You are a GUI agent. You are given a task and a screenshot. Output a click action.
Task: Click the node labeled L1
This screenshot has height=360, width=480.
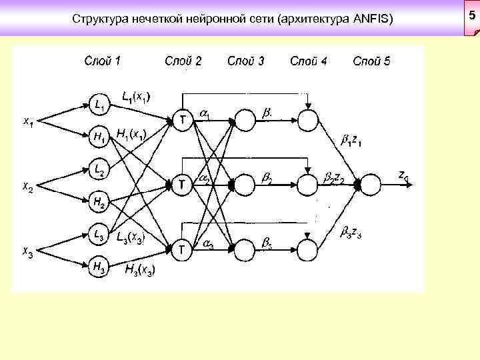[99, 104]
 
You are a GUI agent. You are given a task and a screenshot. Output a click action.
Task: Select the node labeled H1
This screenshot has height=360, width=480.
[99, 138]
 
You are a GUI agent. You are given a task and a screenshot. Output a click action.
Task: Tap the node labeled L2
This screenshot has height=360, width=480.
[99, 171]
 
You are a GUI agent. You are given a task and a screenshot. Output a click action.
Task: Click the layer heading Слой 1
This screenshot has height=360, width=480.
[103, 61]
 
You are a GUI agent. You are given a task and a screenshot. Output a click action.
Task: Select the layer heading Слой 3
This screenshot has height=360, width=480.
[245, 61]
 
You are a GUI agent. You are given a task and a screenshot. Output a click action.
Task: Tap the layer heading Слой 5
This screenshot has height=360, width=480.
[371, 61]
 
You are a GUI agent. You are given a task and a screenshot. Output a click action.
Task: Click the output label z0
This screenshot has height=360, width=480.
[403, 176]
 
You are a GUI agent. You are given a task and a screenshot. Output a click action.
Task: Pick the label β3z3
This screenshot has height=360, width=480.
[351, 233]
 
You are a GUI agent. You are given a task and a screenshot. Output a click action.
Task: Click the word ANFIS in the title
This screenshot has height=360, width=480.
[370, 21]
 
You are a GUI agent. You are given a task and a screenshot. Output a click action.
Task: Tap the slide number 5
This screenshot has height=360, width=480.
[472, 15]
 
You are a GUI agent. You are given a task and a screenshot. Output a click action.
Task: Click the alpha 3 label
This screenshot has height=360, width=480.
[207, 246]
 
